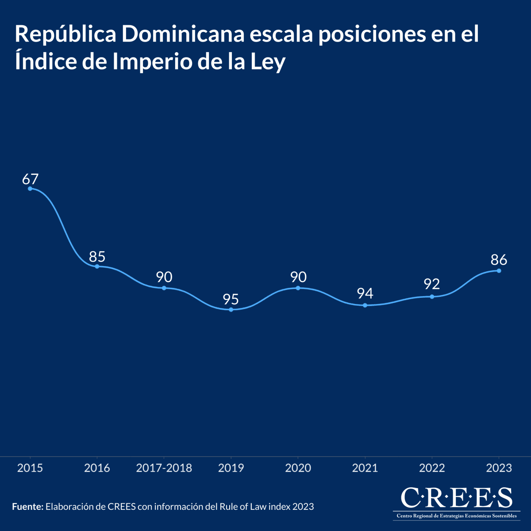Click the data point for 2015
tap(30, 189)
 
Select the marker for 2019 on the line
tap(231, 309)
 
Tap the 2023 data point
tap(499, 270)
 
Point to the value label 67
tap(31, 179)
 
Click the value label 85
tap(97, 257)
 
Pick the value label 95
tap(231, 300)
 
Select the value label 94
tap(365, 293)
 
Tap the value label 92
tap(432, 284)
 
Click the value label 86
tap(499, 260)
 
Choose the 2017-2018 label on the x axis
tap(164, 468)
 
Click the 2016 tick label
tap(97, 468)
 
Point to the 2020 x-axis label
tap(298, 468)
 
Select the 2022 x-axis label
tap(432, 468)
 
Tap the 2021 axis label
tap(365, 468)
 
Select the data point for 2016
tap(97, 266)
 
